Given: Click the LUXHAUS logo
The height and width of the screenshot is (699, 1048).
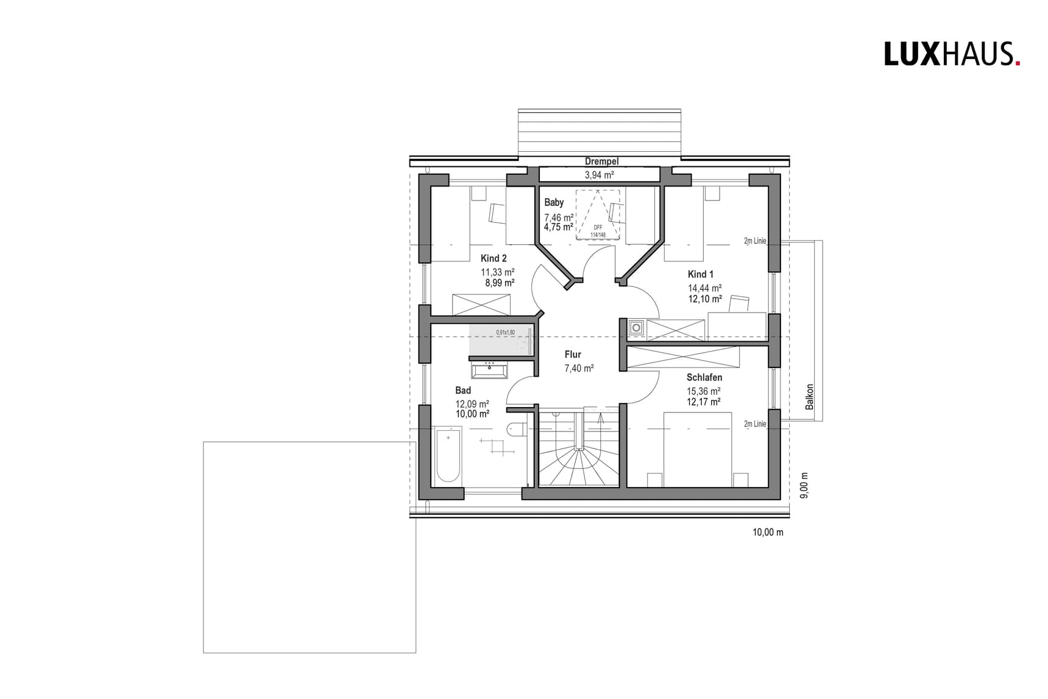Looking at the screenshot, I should pos(951,54).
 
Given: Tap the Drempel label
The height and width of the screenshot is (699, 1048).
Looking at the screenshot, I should pos(601,161).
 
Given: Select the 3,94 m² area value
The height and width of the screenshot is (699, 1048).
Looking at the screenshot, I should pos(599,175).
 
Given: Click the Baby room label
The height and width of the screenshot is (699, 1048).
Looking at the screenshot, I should pos(554,202).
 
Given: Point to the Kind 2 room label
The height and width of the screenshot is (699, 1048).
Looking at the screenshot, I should pos(494,258).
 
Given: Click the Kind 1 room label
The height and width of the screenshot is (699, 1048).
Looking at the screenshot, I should pos(700,274).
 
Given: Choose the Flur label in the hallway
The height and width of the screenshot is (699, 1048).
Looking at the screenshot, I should pos(573,354).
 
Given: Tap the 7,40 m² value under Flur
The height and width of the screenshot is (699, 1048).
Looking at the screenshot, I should pos(579,368).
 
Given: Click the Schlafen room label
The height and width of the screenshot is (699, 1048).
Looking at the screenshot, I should pos(704,378).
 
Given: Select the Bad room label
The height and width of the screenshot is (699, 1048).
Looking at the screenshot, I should pos(463,391).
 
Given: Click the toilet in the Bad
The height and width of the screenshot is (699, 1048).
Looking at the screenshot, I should pos(515,429).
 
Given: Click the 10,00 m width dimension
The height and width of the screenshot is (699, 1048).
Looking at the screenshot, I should pos(768,533).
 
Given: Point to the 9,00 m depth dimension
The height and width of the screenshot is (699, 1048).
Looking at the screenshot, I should pos(804,486).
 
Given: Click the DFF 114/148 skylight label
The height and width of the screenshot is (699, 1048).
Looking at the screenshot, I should pos(598,231).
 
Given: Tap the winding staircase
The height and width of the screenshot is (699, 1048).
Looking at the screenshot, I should pos(578,451).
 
